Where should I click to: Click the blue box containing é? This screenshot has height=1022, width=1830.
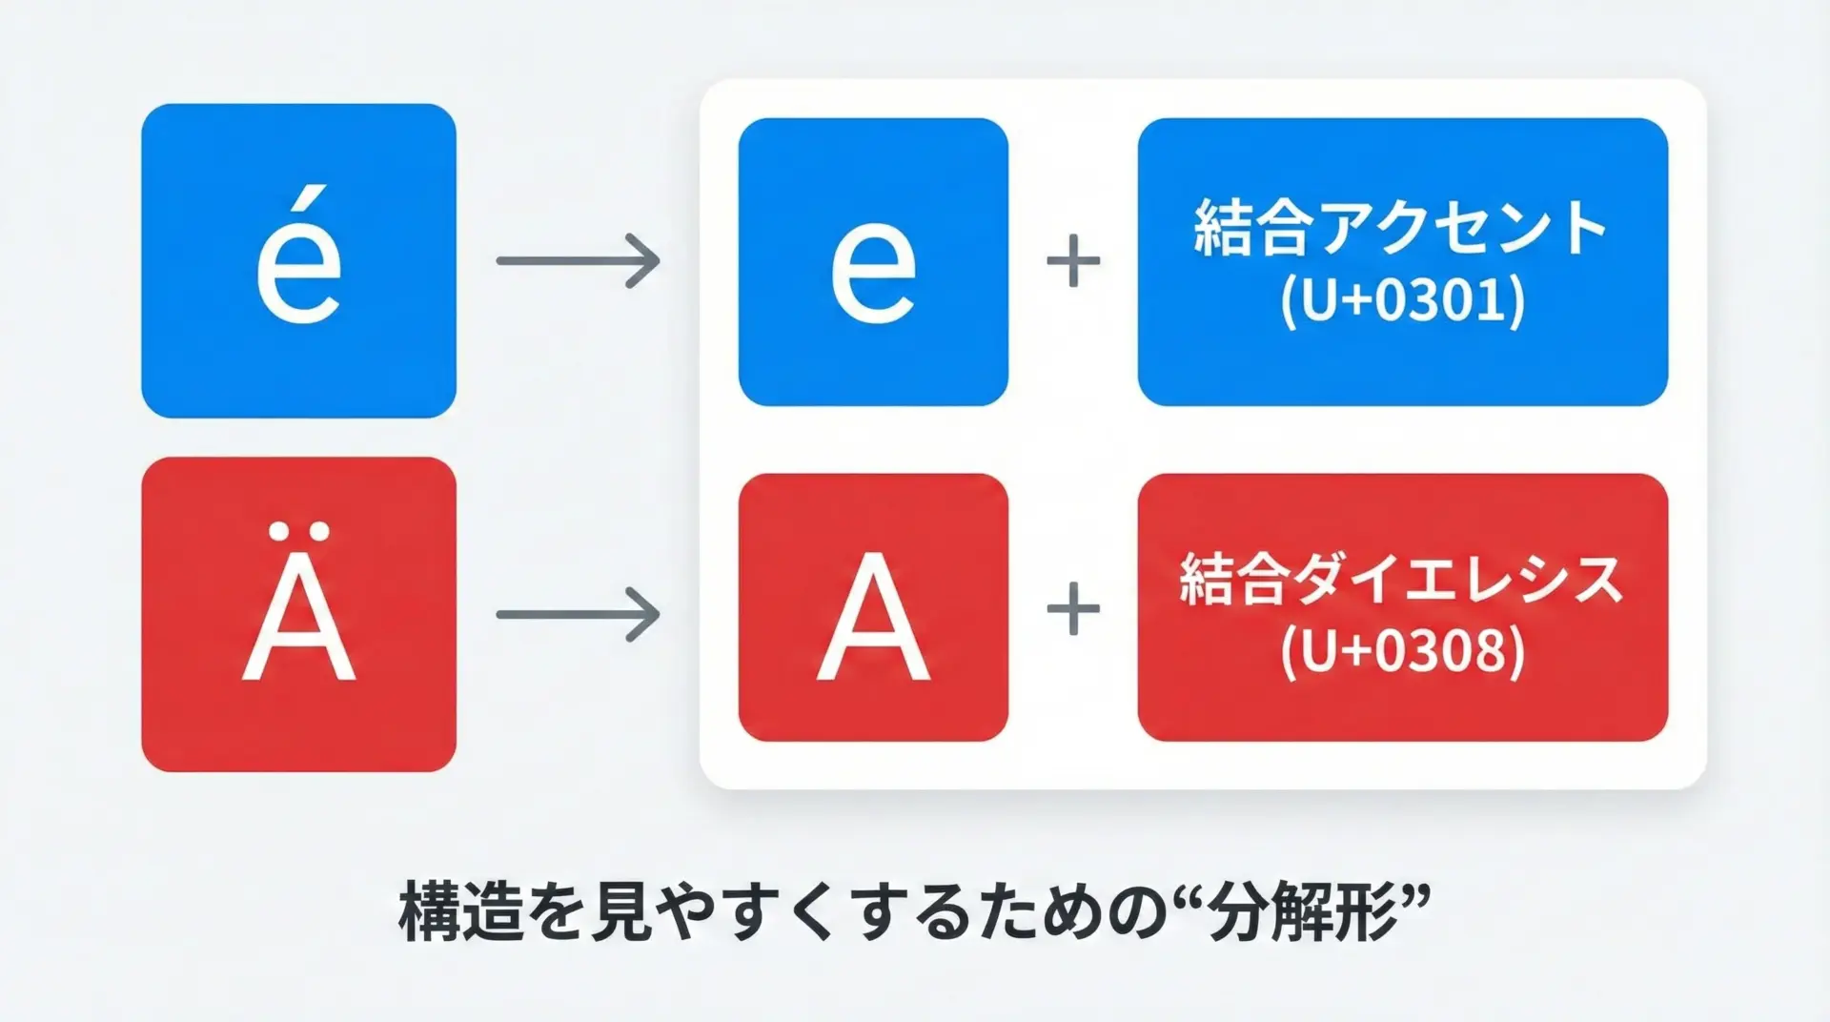coord(298,260)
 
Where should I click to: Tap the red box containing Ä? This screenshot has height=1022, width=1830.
coord(298,614)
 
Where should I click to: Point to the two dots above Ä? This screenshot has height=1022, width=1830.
coord(298,530)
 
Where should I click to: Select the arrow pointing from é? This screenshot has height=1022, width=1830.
coord(578,260)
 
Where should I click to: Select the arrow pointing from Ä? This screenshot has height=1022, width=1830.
coord(578,614)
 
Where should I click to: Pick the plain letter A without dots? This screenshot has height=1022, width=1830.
coord(873,617)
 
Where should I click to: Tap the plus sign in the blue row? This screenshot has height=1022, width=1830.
coord(1073,260)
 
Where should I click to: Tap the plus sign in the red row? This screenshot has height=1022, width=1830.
coord(1073,609)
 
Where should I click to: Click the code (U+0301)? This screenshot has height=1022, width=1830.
coord(1402,301)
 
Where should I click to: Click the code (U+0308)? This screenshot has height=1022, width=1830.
coord(1402,652)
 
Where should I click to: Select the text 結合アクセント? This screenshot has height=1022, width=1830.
coord(1402,228)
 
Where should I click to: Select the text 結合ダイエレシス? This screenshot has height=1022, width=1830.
coord(1402,579)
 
